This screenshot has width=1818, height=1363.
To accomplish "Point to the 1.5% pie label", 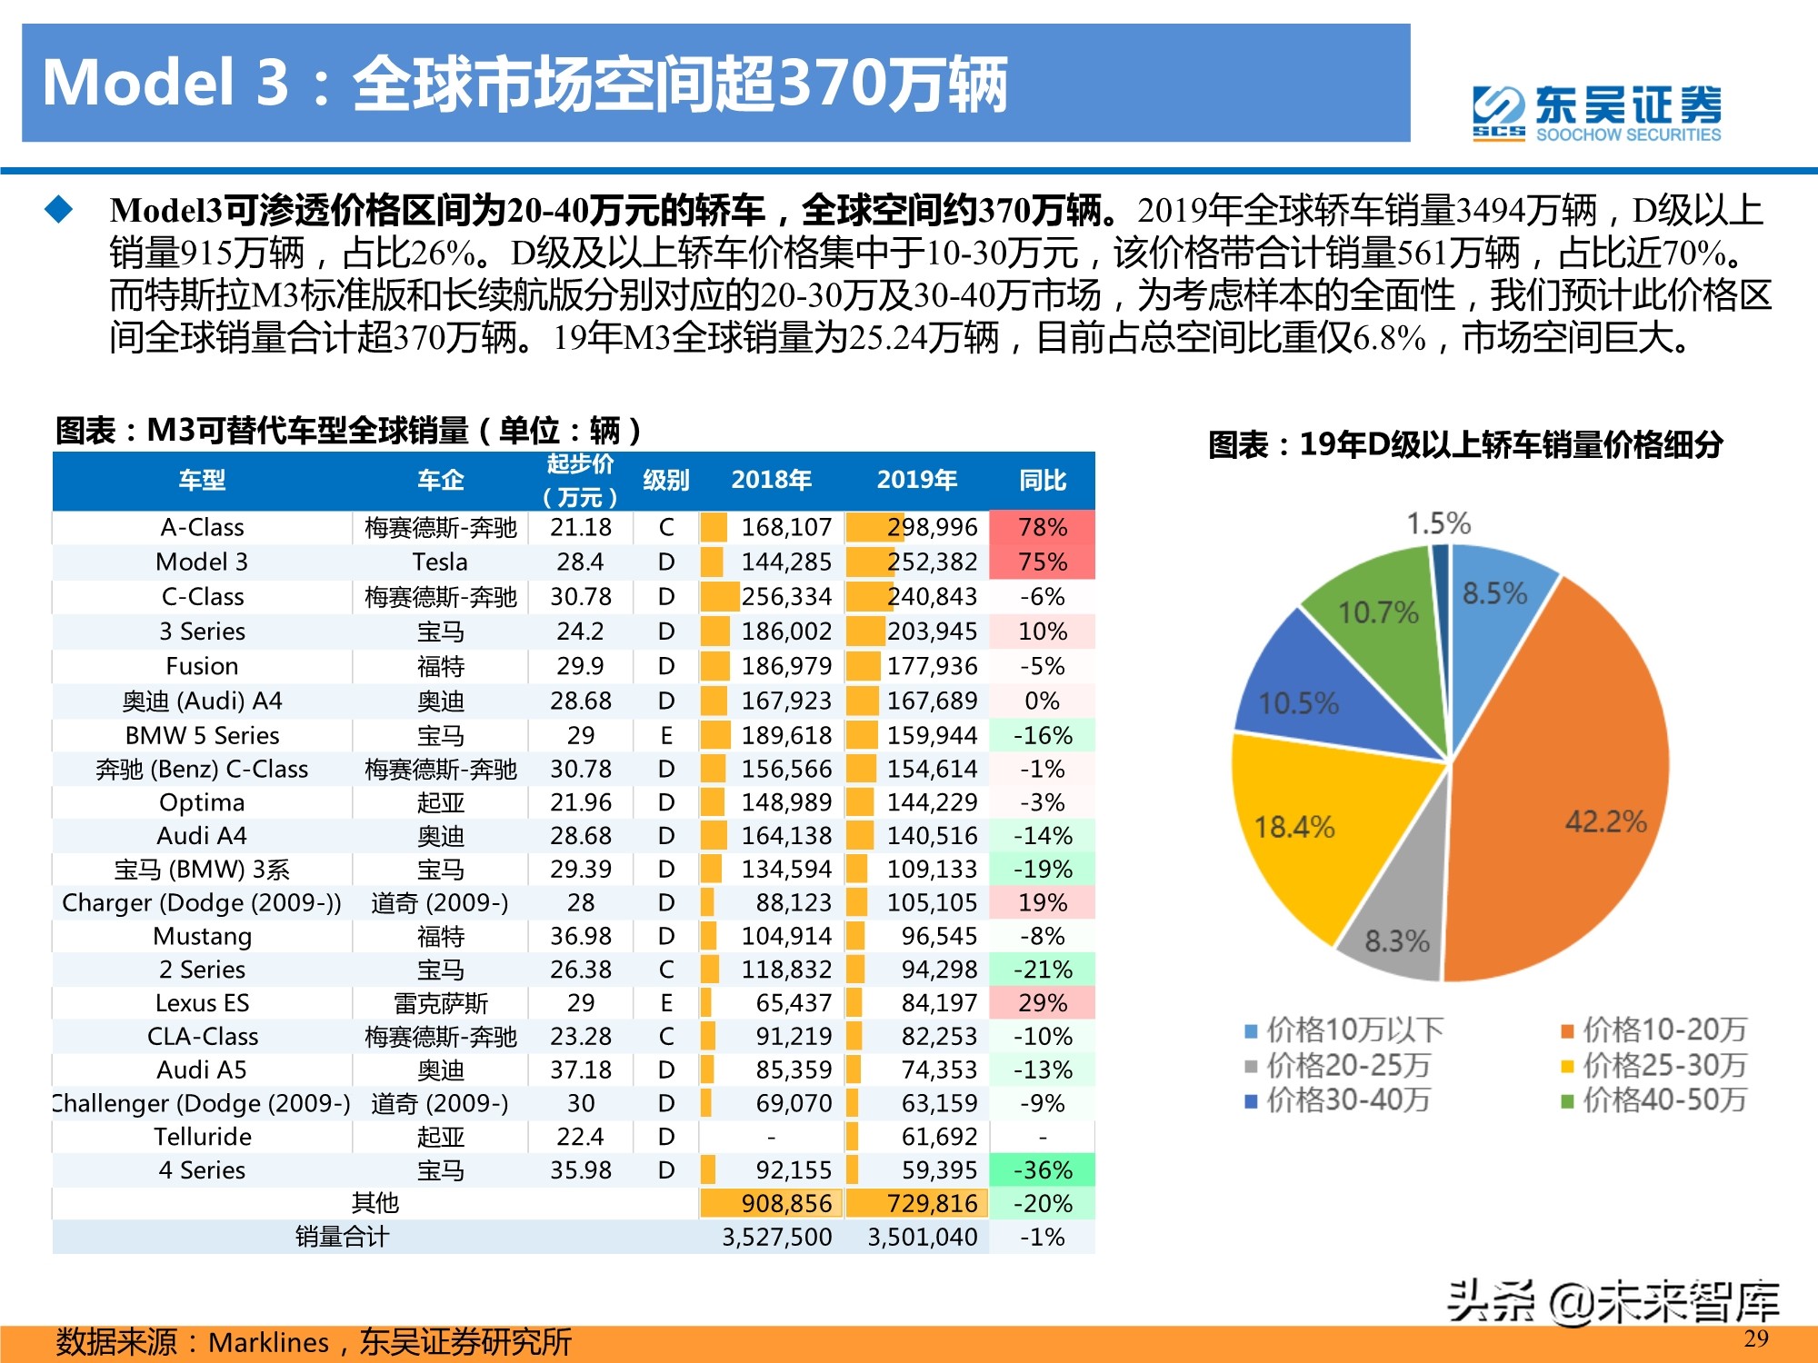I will (x=1438, y=523).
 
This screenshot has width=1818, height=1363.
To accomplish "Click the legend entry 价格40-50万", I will (x=1654, y=1100).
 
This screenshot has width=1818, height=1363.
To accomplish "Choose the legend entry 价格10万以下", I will (x=1345, y=1030).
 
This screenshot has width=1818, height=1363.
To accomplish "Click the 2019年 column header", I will (x=916, y=480).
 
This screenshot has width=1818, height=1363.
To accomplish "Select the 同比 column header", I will (x=1042, y=480).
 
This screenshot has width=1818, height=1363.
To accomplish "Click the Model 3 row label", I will (x=202, y=562).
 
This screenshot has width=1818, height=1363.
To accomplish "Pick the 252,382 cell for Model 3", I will (x=932, y=562).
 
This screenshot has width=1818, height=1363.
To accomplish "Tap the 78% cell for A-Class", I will (x=1042, y=527).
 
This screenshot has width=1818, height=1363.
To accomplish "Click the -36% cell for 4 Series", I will (x=1042, y=1170).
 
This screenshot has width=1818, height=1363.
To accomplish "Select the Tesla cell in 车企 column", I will (x=440, y=562).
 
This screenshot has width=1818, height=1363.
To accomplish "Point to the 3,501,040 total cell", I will (x=922, y=1237).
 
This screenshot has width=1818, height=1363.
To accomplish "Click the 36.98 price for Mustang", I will (x=580, y=936).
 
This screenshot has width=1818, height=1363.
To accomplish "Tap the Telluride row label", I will (x=202, y=1137).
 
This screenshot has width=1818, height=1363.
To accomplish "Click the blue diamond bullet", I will (x=59, y=210).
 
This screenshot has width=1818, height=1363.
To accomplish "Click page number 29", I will (x=1755, y=1338).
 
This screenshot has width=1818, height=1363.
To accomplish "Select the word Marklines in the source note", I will (x=268, y=1342).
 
